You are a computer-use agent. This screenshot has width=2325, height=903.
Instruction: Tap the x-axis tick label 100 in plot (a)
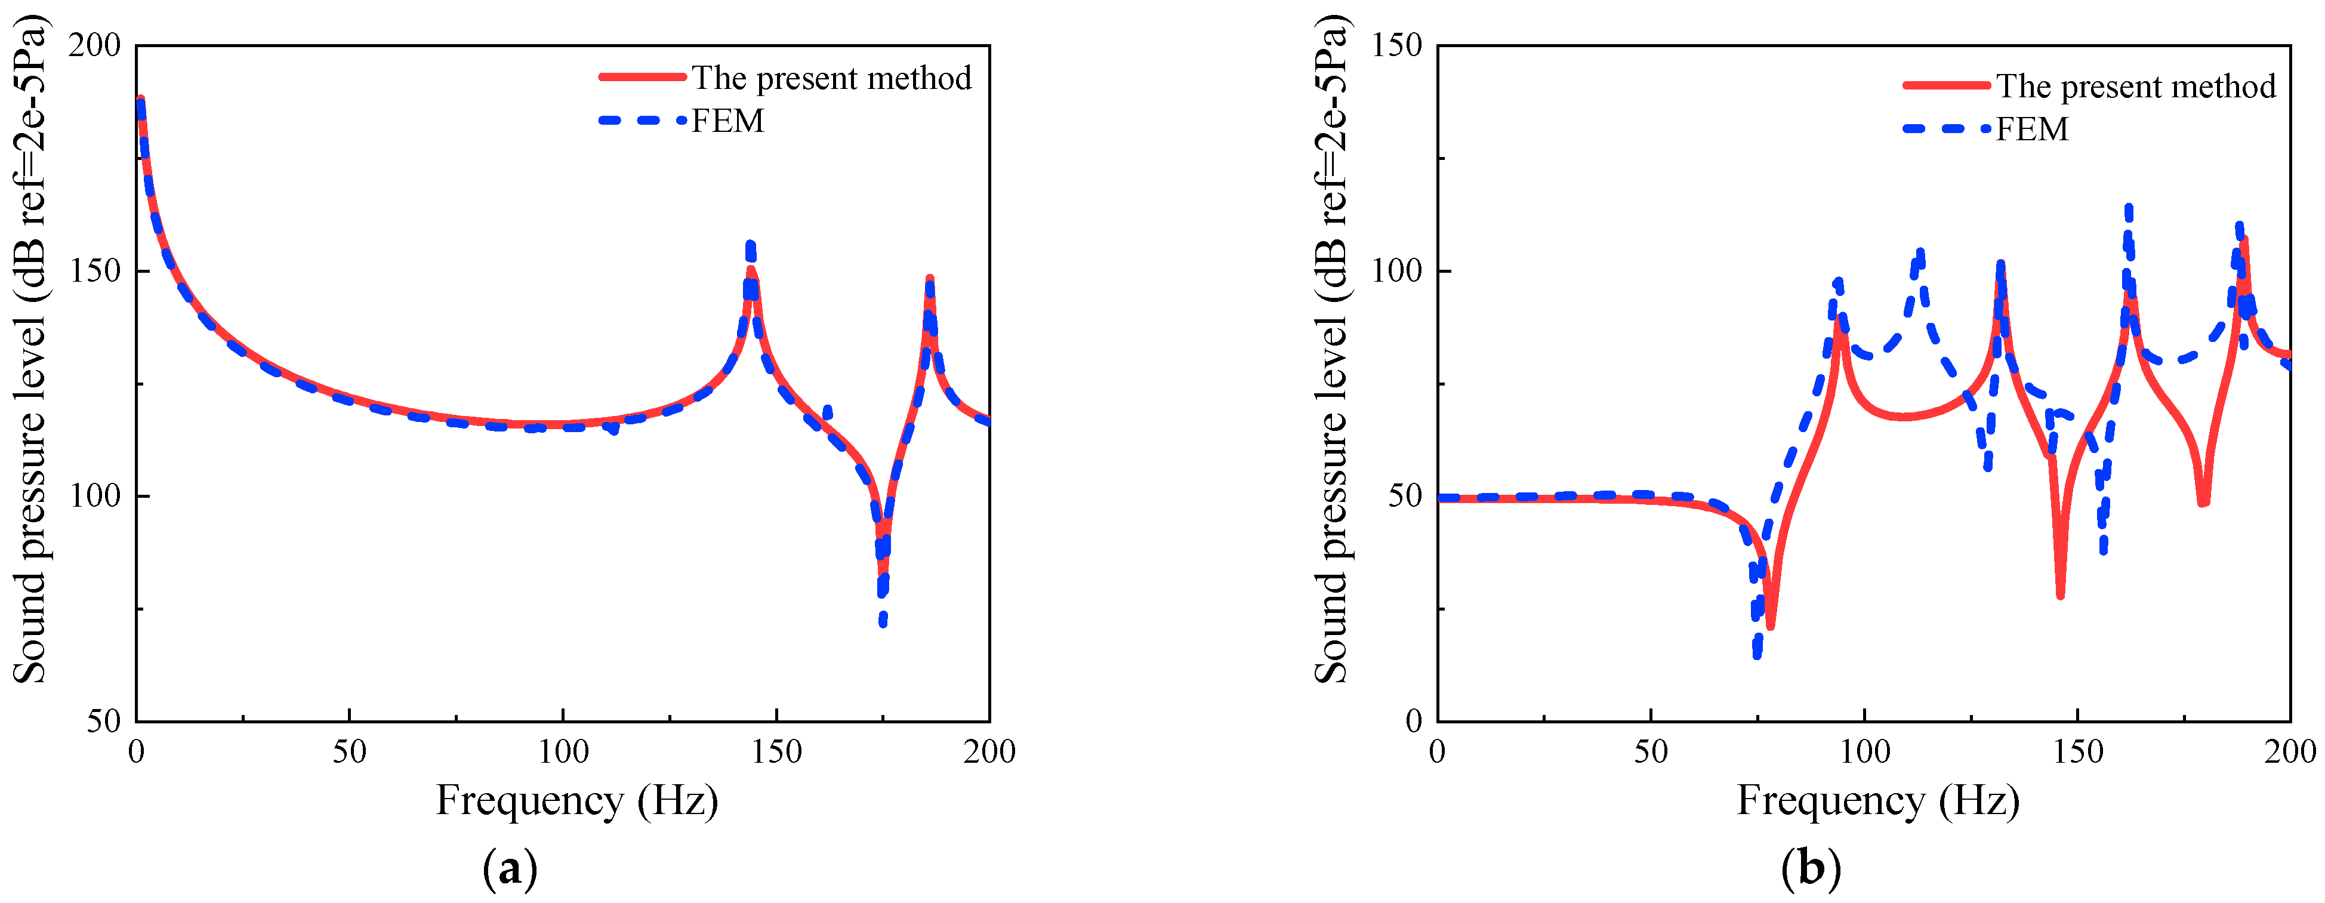(563, 751)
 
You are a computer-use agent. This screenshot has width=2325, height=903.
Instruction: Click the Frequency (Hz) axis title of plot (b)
(1878, 800)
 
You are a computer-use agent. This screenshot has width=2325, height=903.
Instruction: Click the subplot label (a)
(511, 870)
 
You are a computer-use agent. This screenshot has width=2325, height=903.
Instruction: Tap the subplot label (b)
(1811, 870)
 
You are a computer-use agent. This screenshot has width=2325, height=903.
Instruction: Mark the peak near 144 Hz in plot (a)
(750, 246)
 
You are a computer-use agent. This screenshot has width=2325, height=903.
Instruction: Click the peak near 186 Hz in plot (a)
(930, 279)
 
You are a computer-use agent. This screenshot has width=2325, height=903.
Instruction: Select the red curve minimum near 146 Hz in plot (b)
(2059, 594)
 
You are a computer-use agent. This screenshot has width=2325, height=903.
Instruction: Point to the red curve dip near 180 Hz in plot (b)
(2203, 502)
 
